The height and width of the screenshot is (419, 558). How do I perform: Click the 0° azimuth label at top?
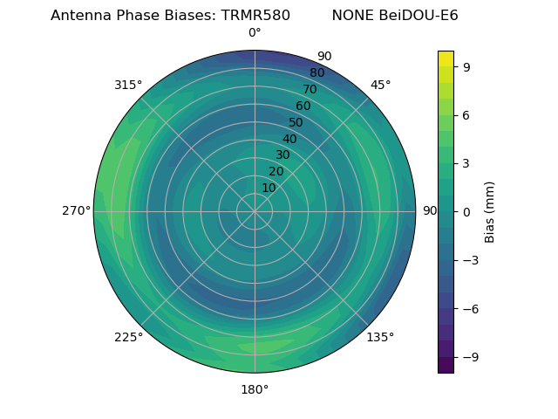point(255,33)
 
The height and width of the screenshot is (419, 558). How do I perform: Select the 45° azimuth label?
point(380,85)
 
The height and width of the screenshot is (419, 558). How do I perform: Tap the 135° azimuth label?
point(380,337)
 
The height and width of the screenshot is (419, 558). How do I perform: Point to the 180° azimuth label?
point(255,389)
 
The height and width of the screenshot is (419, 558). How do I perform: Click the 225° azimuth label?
point(128,337)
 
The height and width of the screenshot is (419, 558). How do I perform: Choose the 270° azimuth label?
point(76,211)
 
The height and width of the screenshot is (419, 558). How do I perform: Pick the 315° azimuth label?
point(128,85)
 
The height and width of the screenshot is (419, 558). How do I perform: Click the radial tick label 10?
point(269,188)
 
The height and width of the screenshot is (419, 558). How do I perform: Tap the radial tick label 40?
point(289,139)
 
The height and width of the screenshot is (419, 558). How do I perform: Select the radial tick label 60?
point(303,106)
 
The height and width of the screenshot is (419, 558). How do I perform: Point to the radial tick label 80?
point(316,73)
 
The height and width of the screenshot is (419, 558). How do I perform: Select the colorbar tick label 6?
point(466,114)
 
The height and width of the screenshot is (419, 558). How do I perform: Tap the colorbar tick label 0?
point(466,211)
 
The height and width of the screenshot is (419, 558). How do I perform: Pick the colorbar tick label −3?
point(470,260)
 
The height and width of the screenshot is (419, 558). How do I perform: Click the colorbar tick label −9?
point(470,357)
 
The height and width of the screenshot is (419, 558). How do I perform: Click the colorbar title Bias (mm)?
point(490,211)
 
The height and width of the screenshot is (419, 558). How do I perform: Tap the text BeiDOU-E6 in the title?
point(418,16)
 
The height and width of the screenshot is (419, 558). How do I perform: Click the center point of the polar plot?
point(255,211)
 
